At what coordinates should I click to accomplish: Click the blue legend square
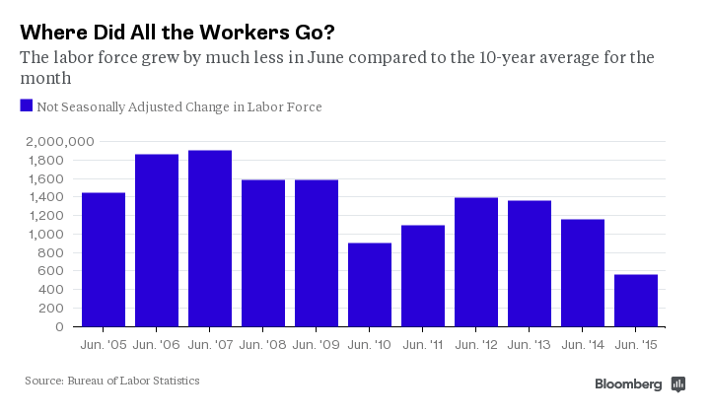[27, 105]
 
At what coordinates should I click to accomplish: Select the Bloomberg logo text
[628, 384]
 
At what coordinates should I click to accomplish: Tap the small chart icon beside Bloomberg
[678, 384]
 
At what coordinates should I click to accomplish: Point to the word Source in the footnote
[44, 381]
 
